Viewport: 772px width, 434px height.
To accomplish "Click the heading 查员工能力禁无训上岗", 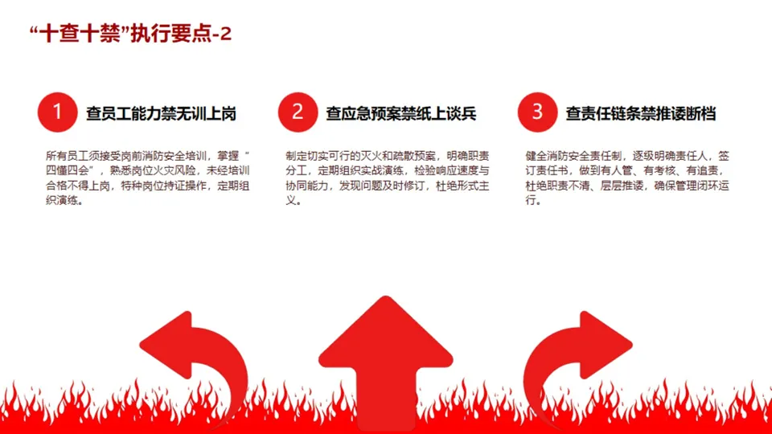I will point(161,114).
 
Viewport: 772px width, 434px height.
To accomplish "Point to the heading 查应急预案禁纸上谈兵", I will point(401,114).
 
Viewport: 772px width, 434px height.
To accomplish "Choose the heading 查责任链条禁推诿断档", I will point(641,114).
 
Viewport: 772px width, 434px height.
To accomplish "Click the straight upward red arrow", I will point(385,354).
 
